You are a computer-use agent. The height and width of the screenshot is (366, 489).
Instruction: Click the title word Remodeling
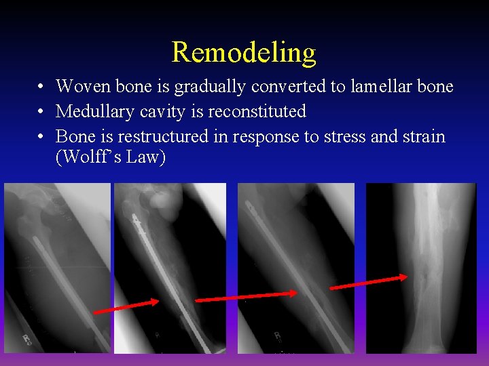coord(244,52)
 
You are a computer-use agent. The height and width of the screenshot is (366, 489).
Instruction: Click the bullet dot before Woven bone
coord(42,87)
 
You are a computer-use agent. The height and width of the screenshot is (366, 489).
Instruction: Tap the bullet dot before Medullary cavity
coord(42,112)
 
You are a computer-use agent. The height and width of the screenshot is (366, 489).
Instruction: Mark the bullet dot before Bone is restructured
coord(42,137)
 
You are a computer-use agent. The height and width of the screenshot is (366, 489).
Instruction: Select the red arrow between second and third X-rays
coord(247,296)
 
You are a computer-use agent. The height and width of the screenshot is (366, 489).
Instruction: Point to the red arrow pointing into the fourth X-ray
coord(369,281)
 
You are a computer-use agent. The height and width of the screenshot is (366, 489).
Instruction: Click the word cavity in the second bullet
coord(164,111)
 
